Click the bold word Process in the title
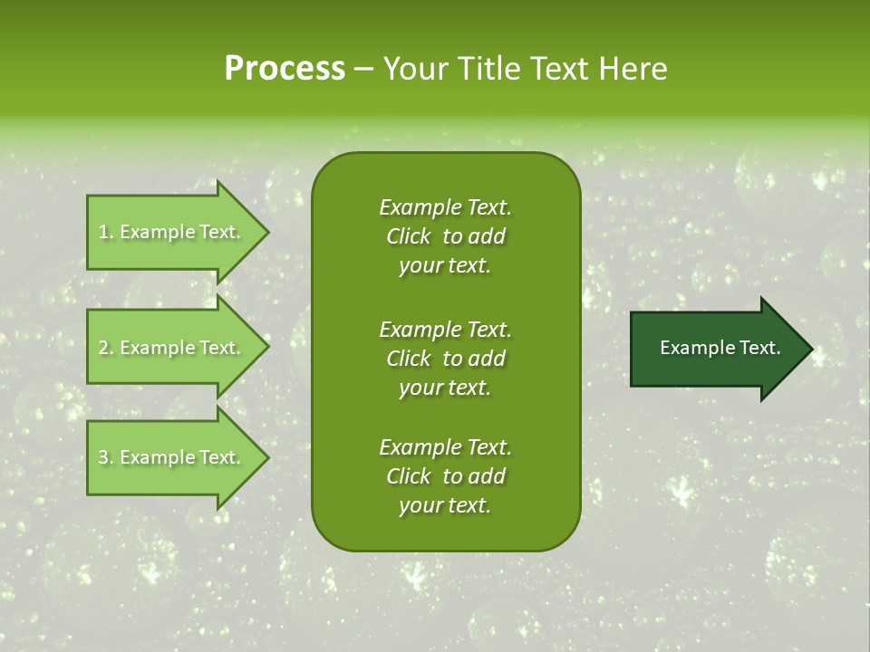coord(285,69)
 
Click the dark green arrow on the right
coord(716,349)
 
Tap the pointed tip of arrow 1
coord(266,232)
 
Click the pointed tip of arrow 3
coord(266,457)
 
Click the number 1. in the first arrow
coord(106,232)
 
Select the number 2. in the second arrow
coord(106,348)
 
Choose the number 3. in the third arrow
coord(106,457)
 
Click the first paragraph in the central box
coord(445,236)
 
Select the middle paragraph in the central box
coord(445,358)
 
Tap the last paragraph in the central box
coord(445,476)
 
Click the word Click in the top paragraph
coord(408,236)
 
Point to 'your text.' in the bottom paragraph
coord(445,506)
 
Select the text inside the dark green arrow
coord(720,348)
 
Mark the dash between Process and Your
coord(364,70)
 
